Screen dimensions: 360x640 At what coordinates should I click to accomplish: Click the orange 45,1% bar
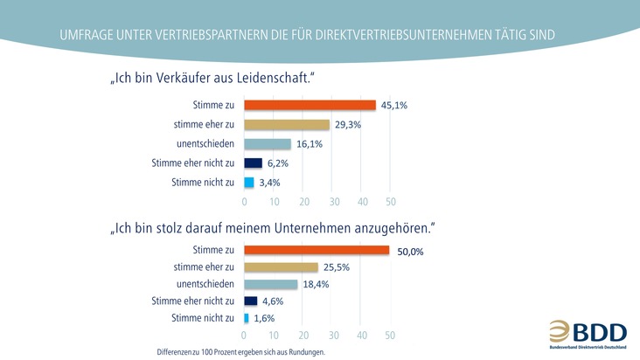point(310,106)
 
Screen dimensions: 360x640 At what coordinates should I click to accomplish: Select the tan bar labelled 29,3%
point(287,125)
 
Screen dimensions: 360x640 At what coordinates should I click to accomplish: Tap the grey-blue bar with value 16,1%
point(267,144)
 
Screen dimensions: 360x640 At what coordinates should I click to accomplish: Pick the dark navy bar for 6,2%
point(253,163)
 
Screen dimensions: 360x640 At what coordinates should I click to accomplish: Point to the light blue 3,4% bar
point(248,183)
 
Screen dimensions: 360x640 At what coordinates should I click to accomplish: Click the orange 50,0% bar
point(317,251)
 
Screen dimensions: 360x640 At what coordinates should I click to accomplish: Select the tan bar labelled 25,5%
point(281,267)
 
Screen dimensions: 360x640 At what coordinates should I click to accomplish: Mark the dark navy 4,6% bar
point(250,301)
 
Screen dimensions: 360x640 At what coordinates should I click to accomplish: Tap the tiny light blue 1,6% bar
point(247,317)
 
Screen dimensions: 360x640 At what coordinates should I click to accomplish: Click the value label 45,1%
point(394,106)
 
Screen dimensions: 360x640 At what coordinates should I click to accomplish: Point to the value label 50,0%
point(410,252)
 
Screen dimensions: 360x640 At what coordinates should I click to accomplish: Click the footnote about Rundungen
point(235,352)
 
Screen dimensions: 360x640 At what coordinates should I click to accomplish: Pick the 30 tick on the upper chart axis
point(333,201)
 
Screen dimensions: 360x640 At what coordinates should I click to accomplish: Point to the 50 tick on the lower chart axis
point(389,335)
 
